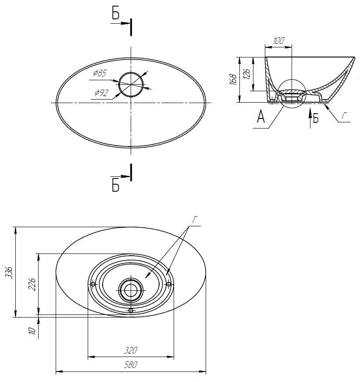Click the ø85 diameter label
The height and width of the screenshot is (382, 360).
[100, 73]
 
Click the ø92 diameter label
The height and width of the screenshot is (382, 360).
[101, 93]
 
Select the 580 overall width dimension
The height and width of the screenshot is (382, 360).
[131, 365]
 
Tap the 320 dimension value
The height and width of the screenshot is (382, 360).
[131, 350]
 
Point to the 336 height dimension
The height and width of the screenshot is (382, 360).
[9, 272]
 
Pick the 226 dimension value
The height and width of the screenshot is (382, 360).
[32, 284]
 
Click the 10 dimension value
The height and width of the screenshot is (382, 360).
[32, 331]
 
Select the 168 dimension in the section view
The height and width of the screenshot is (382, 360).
[233, 79]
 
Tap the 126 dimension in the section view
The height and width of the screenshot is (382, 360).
[247, 74]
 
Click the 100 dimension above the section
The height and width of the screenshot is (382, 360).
[278, 40]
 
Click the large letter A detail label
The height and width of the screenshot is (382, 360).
[261, 117]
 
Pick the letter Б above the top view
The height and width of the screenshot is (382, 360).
[115, 14]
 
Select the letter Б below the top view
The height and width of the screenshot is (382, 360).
[115, 186]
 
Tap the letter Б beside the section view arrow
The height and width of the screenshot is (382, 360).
[316, 119]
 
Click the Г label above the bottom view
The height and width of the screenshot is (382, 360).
[195, 219]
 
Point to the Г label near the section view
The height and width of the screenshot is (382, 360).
[344, 115]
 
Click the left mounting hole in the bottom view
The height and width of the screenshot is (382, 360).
[93, 284]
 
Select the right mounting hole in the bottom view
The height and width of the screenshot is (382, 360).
[168, 284]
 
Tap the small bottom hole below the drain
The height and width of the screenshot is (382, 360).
[131, 311]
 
